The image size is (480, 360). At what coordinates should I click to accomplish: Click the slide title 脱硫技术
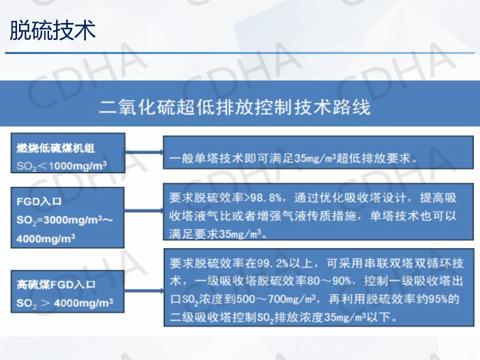52,30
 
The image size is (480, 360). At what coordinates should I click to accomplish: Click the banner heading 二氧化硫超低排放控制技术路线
235,107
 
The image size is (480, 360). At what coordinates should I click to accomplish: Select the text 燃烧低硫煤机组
55,148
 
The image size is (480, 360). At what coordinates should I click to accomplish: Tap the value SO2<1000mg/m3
61,166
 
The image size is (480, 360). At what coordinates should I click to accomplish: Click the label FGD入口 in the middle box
39,201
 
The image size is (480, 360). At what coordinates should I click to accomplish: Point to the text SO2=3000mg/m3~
64,220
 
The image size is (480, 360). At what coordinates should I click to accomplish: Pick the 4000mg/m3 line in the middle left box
45,238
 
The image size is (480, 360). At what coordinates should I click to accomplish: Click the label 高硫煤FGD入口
55,284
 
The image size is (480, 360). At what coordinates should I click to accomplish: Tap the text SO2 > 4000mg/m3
64,303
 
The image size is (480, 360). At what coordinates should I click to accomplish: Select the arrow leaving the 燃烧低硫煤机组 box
144,152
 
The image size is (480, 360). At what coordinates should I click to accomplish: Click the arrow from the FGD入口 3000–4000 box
143,210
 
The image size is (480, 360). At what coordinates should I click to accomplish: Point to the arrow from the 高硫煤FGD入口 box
144,290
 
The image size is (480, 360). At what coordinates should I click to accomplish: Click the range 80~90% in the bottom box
329,280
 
